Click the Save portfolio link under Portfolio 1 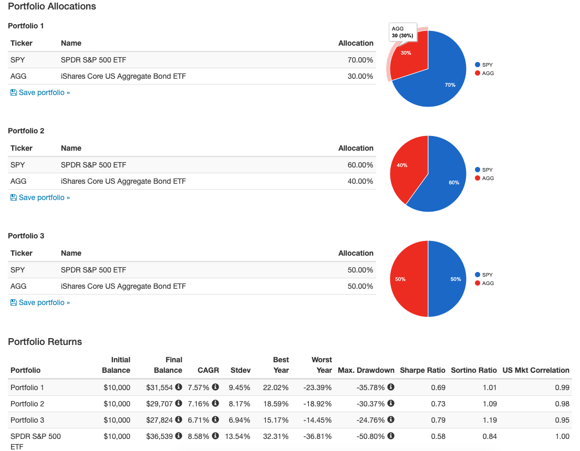[x=40, y=93]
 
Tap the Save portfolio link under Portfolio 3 [x=40, y=303]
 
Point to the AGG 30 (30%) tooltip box [x=402, y=32]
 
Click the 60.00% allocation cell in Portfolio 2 [x=360, y=165]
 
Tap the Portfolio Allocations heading [x=52, y=7]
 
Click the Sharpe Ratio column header [x=423, y=370]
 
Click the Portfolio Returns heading [x=45, y=342]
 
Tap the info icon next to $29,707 [x=179, y=404]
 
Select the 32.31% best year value [x=278, y=436]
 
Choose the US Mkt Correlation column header [x=536, y=370]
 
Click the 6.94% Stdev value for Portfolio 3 [x=240, y=420]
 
